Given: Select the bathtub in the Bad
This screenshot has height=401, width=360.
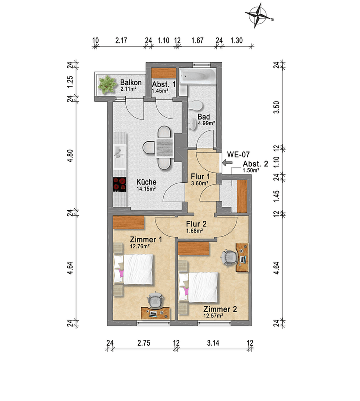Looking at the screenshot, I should click(x=197, y=77).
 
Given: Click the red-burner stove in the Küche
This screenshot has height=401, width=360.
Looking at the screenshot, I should click(x=120, y=184).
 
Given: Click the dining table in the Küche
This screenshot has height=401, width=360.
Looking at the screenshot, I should click(x=164, y=147).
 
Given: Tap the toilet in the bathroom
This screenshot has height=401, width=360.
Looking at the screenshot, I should click(x=195, y=105).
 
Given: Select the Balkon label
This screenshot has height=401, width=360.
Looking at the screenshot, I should click(x=129, y=82).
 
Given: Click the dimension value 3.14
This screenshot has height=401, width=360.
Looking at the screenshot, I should click(x=213, y=343).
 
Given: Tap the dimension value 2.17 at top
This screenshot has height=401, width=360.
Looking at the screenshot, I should click(x=121, y=41).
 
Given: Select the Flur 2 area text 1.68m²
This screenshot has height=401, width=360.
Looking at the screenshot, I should click(x=194, y=231).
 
